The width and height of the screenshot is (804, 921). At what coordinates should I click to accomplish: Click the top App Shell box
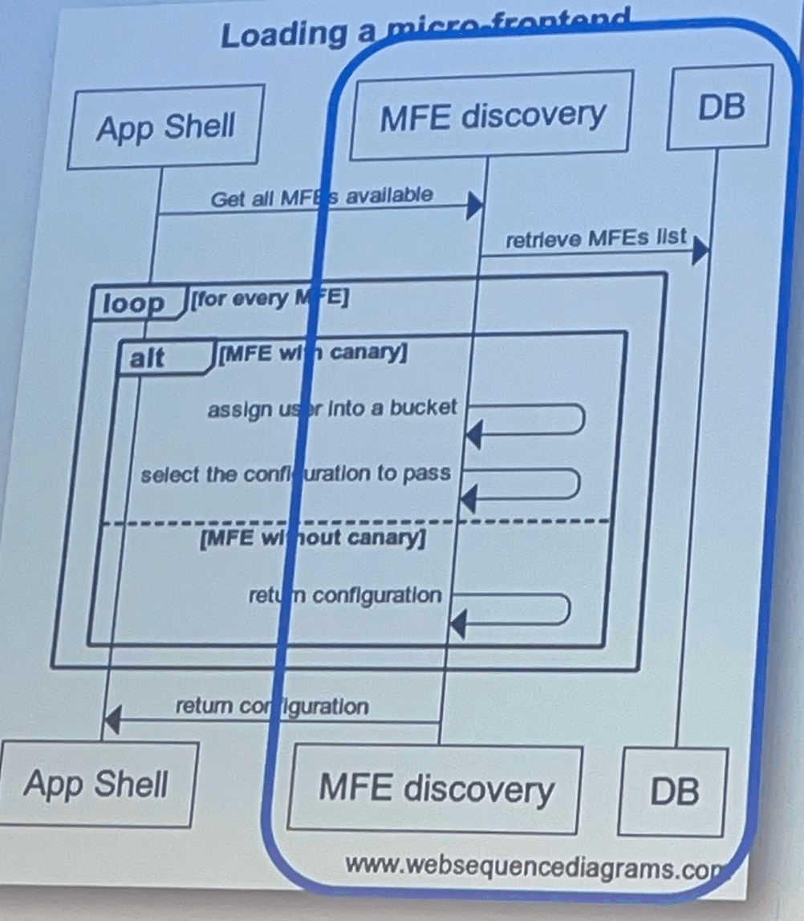coord(164,127)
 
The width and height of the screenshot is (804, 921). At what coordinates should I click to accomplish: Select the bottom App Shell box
coord(97,784)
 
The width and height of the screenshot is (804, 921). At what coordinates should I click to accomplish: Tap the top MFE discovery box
coord(491,113)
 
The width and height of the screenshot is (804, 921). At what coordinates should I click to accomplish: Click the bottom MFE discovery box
coord(436,788)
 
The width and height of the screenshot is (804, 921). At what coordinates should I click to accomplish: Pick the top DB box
coord(721,106)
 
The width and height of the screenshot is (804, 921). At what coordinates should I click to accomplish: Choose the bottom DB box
coord(673,791)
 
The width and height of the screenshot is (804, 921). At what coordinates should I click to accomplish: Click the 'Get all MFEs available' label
coord(322,196)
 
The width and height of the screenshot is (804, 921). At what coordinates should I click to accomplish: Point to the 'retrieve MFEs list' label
coord(596,237)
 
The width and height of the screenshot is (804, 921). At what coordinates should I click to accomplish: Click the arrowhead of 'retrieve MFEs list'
coord(700,249)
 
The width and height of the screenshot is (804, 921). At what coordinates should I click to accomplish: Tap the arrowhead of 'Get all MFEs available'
coord(475,206)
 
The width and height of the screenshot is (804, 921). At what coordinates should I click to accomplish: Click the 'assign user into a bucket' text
coord(332,408)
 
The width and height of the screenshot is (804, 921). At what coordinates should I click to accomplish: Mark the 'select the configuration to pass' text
coord(295,473)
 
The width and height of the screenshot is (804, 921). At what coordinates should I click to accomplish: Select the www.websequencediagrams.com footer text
coord(529,866)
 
